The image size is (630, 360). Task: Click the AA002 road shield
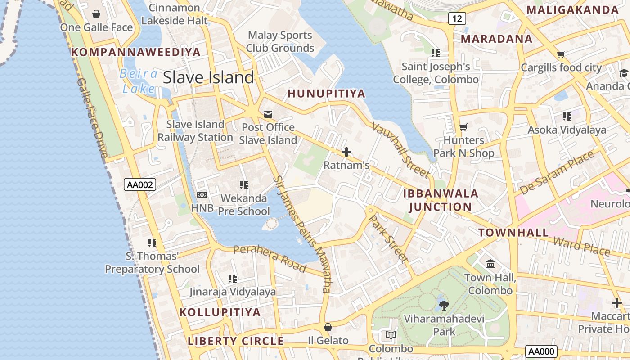tap(140, 184)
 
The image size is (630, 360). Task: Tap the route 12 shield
tap(457, 18)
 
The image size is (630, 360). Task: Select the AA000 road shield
tap(541, 351)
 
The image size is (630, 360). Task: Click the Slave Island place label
tap(208, 77)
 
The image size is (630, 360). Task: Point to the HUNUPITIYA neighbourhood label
tap(326, 94)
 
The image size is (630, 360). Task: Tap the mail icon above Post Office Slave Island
tap(268, 114)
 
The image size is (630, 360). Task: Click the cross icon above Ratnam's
tap(346, 152)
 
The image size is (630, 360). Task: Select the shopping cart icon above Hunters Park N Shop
tap(463, 127)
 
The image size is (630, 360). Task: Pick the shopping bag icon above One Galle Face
tap(96, 14)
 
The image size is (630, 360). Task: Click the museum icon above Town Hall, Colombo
tap(490, 264)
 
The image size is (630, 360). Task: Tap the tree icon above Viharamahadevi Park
tap(444, 306)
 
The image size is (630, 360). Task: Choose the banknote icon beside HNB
tap(202, 195)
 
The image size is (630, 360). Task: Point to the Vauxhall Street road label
tap(400, 150)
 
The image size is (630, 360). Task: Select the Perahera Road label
tap(270, 258)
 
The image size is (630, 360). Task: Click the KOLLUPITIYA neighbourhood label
tap(220, 312)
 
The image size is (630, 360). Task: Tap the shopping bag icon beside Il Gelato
tap(328, 327)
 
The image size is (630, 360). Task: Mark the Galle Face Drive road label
tap(92, 118)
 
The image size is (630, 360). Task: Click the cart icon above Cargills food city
tap(561, 55)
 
